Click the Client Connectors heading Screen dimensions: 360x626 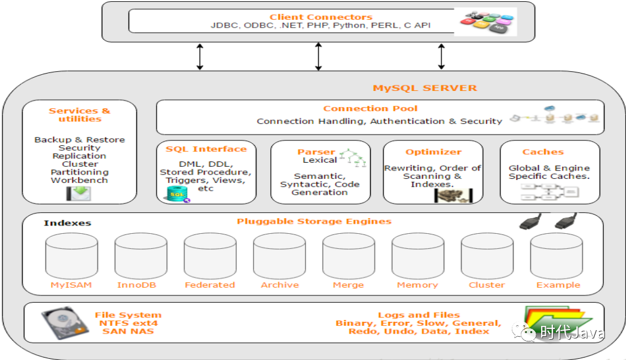320,17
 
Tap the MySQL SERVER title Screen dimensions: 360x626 425,88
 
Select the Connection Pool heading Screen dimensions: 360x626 370,108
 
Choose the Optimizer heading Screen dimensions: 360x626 433,152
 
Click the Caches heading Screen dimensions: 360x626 543,152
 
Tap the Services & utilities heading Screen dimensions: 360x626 80,115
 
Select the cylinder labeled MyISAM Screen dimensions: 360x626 72,256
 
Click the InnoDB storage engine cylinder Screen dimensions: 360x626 141,256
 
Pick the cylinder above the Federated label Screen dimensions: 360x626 210,256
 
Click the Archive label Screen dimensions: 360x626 279,285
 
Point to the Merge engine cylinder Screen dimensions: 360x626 349,256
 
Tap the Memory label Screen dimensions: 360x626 417,285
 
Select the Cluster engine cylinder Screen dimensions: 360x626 487,256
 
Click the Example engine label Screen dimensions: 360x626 558,285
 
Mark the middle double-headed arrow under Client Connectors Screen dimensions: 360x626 319,57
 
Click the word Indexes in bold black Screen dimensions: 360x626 68,223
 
